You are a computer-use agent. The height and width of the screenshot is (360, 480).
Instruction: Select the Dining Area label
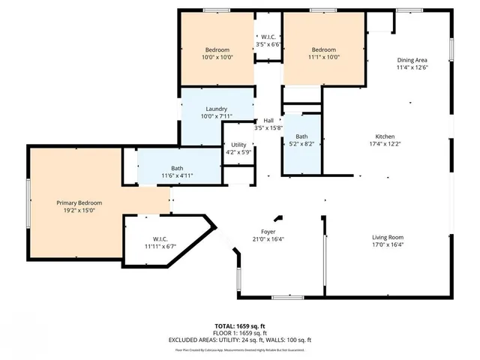click(412, 60)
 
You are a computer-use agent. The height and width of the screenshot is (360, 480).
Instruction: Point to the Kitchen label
click(385, 136)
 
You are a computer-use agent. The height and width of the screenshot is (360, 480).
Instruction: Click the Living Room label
click(388, 238)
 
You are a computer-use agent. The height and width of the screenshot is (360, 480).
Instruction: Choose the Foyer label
click(268, 232)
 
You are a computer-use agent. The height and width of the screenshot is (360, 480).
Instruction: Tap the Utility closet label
click(238, 145)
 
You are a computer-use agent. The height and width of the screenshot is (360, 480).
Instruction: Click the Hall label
click(268, 121)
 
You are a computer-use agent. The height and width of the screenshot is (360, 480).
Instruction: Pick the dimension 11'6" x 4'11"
click(177, 175)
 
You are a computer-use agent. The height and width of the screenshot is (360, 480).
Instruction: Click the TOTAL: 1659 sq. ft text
click(240, 326)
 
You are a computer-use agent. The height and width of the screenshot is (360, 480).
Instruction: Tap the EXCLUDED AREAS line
click(240, 340)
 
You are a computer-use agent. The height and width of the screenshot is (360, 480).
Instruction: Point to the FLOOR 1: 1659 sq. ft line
click(240, 333)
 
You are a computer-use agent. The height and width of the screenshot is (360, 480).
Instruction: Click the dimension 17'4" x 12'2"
click(385, 144)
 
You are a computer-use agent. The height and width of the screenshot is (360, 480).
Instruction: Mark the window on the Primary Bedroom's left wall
click(29, 204)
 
